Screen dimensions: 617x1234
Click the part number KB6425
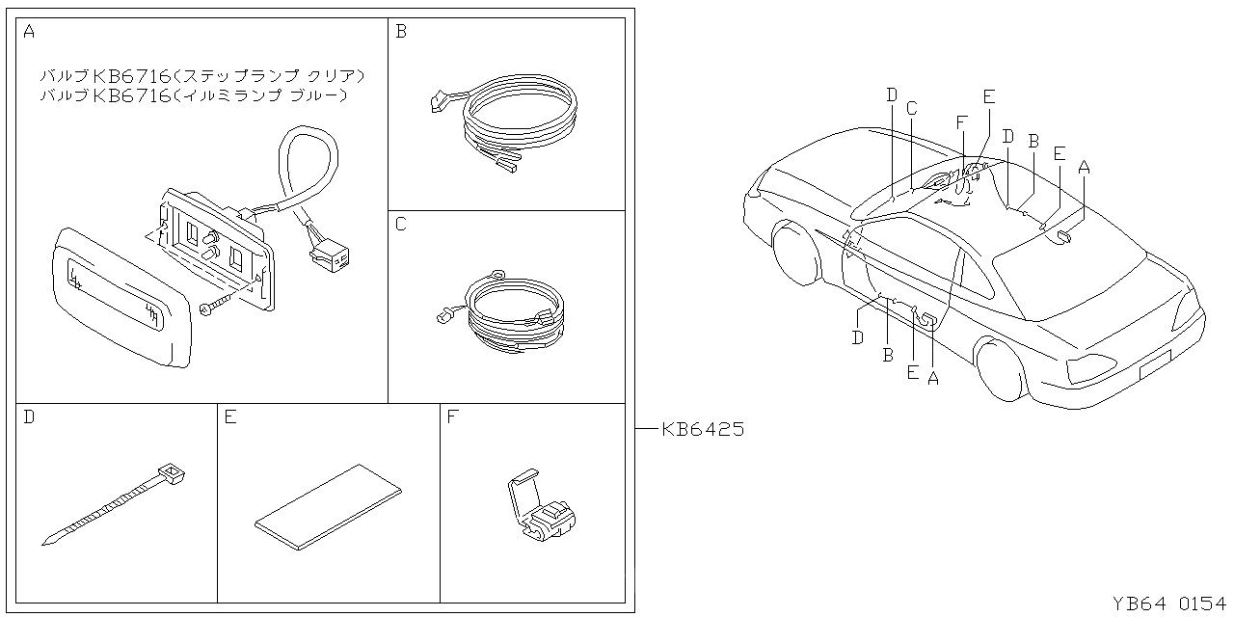[x=703, y=430]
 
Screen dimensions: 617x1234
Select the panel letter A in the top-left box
[x=29, y=32]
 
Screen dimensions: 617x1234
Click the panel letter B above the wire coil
[x=401, y=32]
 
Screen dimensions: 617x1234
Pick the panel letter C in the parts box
[x=401, y=225]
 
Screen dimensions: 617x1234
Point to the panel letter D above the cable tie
[x=29, y=417]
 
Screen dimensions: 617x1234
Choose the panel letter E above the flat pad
[x=230, y=417]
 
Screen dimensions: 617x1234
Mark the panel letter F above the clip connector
[x=452, y=417]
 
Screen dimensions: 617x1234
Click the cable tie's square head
[x=172, y=472]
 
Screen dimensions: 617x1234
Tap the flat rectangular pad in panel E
[x=328, y=506]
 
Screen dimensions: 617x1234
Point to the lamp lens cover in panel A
[x=118, y=294]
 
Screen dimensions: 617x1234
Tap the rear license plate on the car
[x=1154, y=363]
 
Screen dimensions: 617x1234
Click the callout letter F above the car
[x=961, y=121]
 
